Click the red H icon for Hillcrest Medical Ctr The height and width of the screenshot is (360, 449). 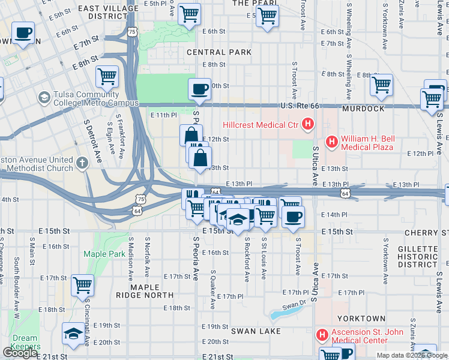pos(308,125)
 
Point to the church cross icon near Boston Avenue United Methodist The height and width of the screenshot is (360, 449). pos(82,162)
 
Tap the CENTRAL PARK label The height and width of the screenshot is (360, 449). pos(219,52)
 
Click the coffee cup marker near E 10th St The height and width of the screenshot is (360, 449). pos(200,89)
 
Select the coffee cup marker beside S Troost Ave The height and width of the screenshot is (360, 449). pos(293,217)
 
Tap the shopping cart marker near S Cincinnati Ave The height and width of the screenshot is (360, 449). pos(82,286)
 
